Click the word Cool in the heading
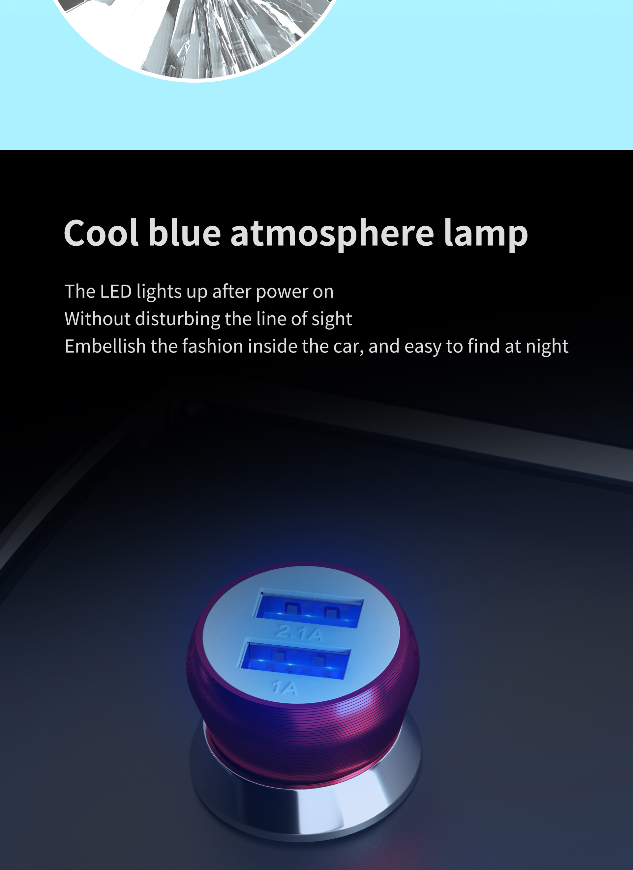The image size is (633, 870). pyautogui.click(x=101, y=233)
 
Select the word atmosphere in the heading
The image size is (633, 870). pyautogui.click(x=332, y=234)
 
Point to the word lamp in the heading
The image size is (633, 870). pyautogui.click(x=486, y=234)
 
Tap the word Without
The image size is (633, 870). pyautogui.click(x=98, y=319)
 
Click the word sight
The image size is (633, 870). pyautogui.click(x=332, y=319)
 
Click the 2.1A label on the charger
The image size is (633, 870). pyautogui.click(x=299, y=633)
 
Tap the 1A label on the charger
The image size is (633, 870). pyautogui.click(x=285, y=688)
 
